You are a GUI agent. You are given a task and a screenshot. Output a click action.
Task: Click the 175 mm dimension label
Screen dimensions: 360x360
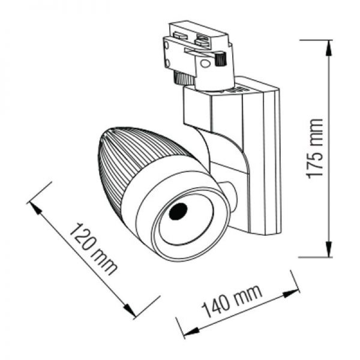coord(315,149)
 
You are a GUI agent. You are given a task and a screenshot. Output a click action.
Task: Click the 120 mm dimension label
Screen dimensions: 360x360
coord(93,249)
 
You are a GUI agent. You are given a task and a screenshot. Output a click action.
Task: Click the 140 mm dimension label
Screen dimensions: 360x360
coord(232,301)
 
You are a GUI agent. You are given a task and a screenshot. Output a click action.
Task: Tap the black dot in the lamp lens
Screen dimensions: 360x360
coord(178,211)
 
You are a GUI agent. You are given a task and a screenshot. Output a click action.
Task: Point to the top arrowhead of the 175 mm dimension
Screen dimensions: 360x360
coord(329,47)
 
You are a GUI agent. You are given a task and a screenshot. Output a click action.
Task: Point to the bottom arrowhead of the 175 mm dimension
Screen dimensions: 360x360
coord(329,249)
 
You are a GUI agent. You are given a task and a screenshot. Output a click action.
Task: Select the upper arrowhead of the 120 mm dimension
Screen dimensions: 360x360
coord(35,208)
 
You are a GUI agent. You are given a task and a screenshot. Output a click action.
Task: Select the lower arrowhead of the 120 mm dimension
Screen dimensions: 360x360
coord(129,310)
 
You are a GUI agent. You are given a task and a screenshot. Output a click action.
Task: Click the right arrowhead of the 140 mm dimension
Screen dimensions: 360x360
coord(291,293)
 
